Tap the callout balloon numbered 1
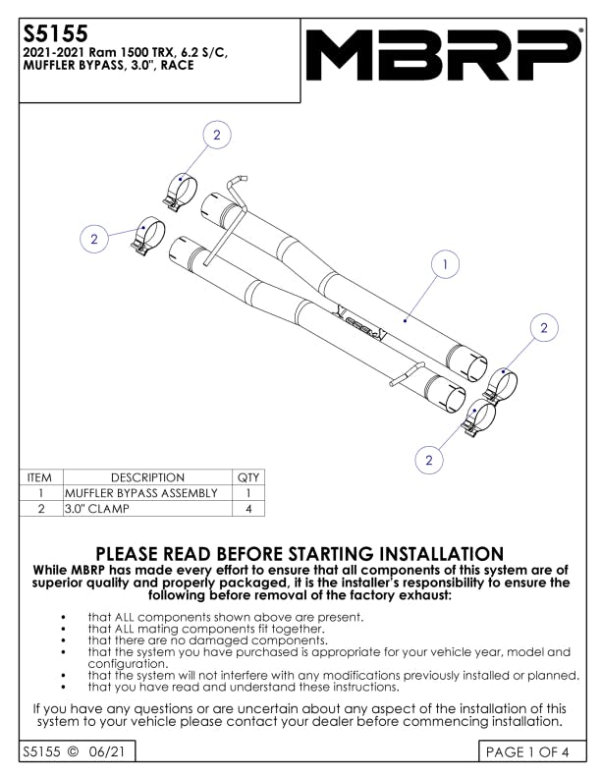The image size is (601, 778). click(x=446, y=264)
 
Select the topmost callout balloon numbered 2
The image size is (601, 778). click(x=217, y=136)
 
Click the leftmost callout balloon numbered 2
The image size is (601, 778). click(x=94, y=239)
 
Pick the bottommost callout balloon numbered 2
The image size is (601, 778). click(x=429, y=459)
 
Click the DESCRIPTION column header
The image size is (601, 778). click(x=147, y=477)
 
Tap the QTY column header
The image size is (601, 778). click(x=249, y=477)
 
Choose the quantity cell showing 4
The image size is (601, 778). click(x=249, y=509)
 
